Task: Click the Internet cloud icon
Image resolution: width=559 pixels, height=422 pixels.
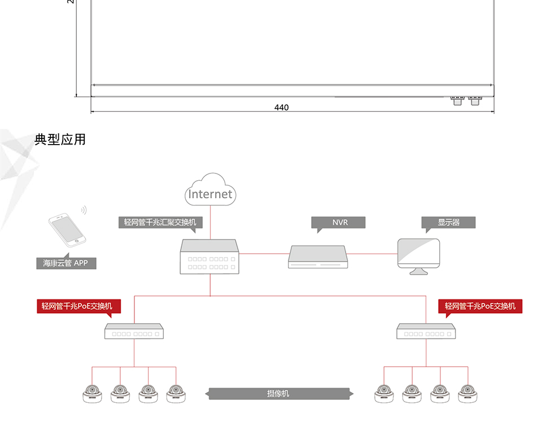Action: (x=211, y=189)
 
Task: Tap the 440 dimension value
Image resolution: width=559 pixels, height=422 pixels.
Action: (x=281, y=107)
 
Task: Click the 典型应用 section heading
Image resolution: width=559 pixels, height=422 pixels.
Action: (x=60, y=140)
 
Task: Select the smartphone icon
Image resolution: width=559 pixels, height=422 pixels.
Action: (x=67, y=230)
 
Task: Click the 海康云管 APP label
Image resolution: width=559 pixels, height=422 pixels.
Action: (x=66, y=263)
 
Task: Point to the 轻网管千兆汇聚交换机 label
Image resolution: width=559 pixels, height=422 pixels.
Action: (x=160, y=222)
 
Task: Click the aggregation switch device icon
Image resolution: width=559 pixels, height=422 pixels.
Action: (x=209, y=256)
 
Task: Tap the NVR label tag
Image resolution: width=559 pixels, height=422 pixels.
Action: (x=338, y=222)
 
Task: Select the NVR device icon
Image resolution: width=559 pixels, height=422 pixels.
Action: (x=318, y=257)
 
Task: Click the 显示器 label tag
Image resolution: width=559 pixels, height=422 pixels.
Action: (x=448, y=222)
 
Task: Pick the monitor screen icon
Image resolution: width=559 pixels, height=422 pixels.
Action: (x=418, y=256)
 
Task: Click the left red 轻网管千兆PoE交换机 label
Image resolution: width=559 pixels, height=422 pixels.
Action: (x=79, y=306)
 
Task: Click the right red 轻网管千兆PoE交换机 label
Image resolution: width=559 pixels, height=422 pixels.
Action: (x=480, y=306)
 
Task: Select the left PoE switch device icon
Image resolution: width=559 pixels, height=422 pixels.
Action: (x=134, y=331)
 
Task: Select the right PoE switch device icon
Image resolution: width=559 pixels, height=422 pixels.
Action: (x=426, y=331)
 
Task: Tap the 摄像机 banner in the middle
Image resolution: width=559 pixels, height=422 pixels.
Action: (x=279, y=393)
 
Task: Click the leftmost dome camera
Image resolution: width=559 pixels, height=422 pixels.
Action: (x=92, y=394)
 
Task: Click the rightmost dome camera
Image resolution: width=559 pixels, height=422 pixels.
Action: (x=468, y=394)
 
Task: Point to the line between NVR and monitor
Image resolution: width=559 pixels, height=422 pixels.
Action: (x=372, y=254)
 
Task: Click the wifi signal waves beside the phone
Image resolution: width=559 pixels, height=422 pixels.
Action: (x=84, y=210)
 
